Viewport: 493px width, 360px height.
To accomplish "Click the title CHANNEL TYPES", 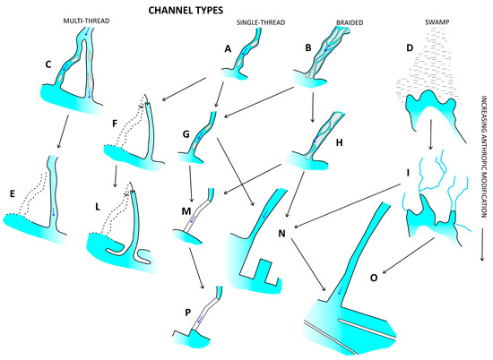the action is pos(186,11).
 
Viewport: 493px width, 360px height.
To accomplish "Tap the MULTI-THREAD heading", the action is pos(86,21).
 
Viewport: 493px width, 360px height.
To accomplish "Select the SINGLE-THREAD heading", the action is pos(261,22).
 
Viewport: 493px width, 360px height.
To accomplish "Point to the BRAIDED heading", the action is pos(350,22).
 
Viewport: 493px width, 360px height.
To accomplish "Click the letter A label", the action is pos(228,48).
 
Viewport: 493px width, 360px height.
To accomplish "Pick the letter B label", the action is pos(308,47).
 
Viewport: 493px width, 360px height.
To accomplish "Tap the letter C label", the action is pos(48,64).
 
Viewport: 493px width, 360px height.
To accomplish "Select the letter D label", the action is pos(410,48).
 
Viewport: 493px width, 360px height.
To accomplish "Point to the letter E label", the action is pos(13,193).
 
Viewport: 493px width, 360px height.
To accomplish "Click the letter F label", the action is pos(115,124).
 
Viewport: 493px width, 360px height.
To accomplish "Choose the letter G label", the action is pos(186,134).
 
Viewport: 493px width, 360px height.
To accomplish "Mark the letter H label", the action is pos(339,142).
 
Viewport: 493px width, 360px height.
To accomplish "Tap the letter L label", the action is pos(98,206).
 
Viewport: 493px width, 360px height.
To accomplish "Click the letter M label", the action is pos(186,211).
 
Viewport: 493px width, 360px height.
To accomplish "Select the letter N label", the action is pos(282,234).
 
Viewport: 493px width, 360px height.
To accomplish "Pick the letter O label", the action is pos(374,278).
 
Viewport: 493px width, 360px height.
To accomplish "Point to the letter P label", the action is pos(187,313).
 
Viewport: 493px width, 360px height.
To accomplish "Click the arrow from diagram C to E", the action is pos(63,132).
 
